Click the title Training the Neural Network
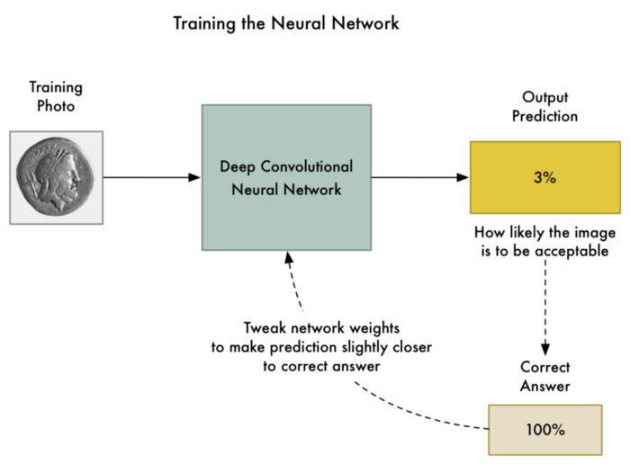(x=286, y=23)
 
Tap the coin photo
(x=56, y=178)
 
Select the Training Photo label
(x=56, y=97)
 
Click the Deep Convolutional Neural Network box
(x=286, y=177)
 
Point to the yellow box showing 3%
(x=544, y=177)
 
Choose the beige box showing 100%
(x=544, y=429)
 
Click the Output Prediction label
(x=544, y=107)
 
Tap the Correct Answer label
(x=544, y=378)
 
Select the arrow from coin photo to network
(x=151, y=177)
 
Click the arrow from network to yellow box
(x=419, y=177)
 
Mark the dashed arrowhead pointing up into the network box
(x=288, y=257)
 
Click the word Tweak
(x=264, y=328)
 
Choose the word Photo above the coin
(x=56, y=106)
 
